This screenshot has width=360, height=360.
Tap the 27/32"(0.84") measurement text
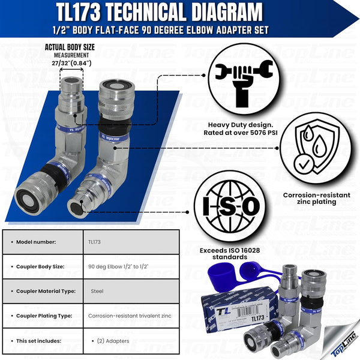[x=71, y=62]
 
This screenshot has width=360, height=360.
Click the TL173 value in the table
[x=95, y=242]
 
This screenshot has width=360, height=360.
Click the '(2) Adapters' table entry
[x=110, y=341]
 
